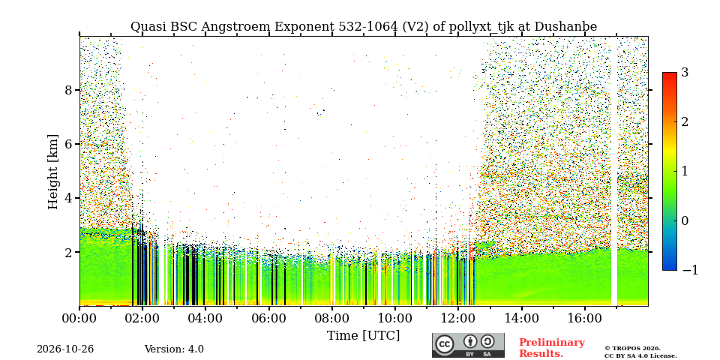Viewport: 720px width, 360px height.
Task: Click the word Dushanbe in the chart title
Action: pyautogui.click(x=568, y=27)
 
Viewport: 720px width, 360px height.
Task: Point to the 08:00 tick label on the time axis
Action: pyautogui.click(x=331, y=318)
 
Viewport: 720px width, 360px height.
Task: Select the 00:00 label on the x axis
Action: pyautogui.click(x=79, y=318)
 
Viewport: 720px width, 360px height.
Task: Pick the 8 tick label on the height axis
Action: pyautogui.click(x=69, y=90)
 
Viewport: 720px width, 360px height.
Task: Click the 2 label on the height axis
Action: pyautogui.click(x=69, y=252)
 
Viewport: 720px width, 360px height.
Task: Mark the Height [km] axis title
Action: pyautogui.click(x=53, y=172)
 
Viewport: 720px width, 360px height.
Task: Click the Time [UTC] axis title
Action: pyautogui.click(x=363, y=336)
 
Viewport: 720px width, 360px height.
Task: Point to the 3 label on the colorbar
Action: pyautogui.click(x=685, y=72)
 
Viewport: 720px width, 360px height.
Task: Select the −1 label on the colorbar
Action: pyautogui.click(x=690, y=270)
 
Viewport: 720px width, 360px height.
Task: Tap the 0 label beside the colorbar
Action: pyautogui.click(x=685, y=220)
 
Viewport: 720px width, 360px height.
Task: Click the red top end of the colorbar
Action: pyautogui.click(x=670, y=75)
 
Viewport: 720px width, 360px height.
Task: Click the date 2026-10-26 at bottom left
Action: pyautogui.click(x=65, y=349)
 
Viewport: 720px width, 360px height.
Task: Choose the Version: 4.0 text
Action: pyautogui.click(x=174, y=349)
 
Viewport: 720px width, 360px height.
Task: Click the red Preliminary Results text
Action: pyautogui.click(x=552, y=348)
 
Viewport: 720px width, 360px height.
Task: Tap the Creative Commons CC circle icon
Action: pyautogui.click(x=445, y=344)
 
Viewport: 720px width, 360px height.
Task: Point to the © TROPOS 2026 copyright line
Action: pyautogui.click(x=632, y=349)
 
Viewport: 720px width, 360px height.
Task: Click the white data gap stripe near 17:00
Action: pyautogui.click(x=614, y=171)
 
